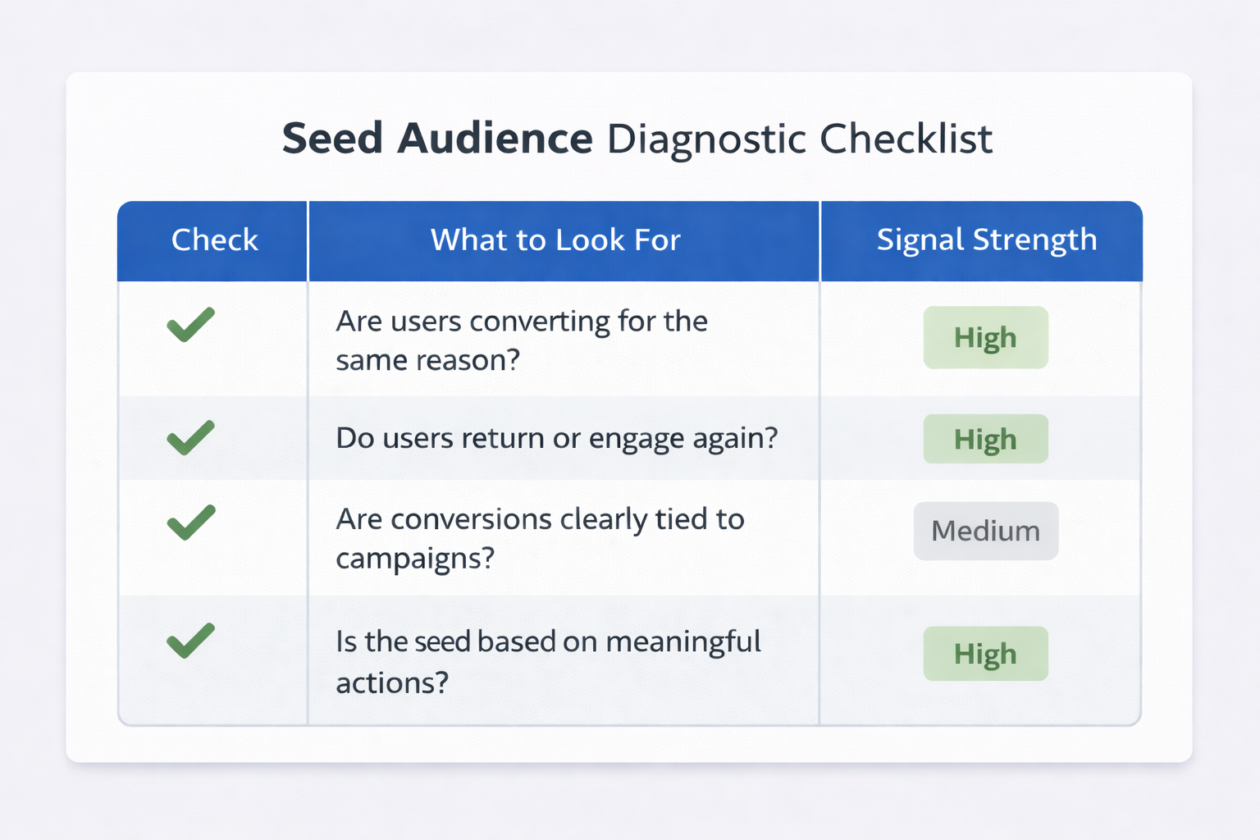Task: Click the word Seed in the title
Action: point(332,138)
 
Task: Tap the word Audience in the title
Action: point(495,138)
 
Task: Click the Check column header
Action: point(214,240)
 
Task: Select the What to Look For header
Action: point(555,240)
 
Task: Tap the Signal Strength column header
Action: point(986,240)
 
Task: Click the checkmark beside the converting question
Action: point(190,324)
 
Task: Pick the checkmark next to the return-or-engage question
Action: point(190,437)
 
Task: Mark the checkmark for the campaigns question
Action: point(190,523)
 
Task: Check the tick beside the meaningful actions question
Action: point(190,641)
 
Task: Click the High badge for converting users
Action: point(985,337)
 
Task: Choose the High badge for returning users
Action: point(985,439)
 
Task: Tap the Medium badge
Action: point(985,531)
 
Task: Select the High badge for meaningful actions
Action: point(985,654)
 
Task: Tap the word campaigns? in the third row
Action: point(415,559)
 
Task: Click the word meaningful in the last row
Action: point(683,641)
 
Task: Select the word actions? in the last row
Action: point(392,682)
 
